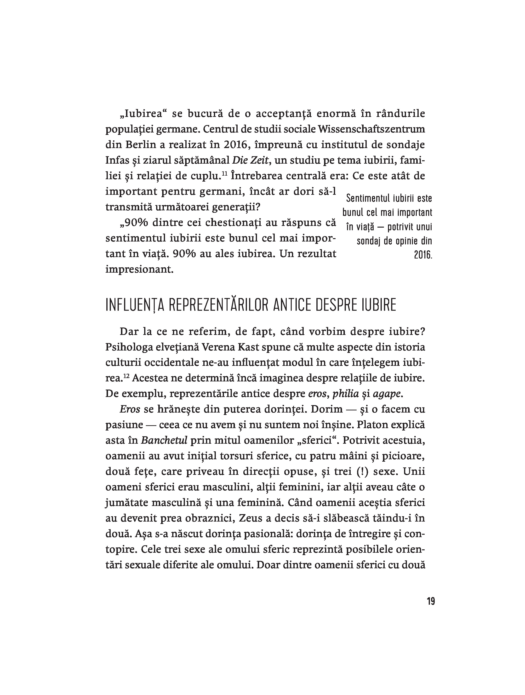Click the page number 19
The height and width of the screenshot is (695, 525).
430,601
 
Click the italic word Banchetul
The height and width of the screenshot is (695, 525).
164,441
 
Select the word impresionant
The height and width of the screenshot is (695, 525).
139,269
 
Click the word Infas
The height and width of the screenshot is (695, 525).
117,160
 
